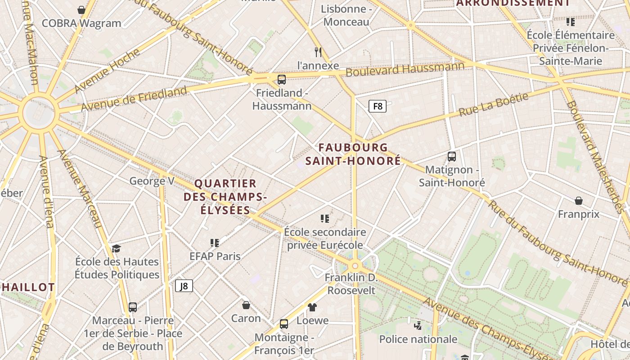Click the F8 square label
(378, 106)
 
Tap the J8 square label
(184, 286)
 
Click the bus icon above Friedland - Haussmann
(282, 80)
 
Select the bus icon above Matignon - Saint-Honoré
(452, 157)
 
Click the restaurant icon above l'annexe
(318, 52)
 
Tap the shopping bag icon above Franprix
(579, 201)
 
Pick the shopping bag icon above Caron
(246, 305)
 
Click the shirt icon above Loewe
(312, 307)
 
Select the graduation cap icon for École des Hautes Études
(117, 248)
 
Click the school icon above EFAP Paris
(215, 243)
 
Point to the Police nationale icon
(418, 325)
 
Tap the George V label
(152, 181)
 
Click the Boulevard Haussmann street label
(405, 70)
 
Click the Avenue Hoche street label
(107, 71)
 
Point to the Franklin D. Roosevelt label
(351, 284)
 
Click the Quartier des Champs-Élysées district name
(225, 197)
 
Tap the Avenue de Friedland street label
(134, 99)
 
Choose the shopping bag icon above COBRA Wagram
(81, 10)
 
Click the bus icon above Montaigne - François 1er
(284, 324)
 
